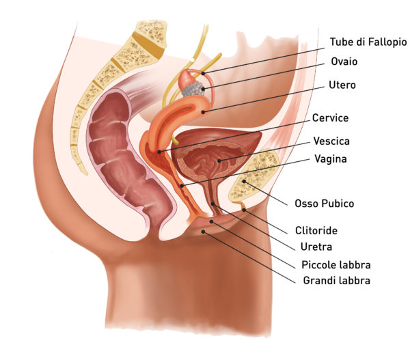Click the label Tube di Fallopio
coord(368,42)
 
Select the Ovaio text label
coord(344,61)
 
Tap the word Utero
coord(342,85)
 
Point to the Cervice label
coord(330,118)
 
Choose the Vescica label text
coord(331,141)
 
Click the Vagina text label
coord(331,158)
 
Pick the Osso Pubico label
coord(324,204)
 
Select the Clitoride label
coord(316,231)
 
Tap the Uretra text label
coord(316,247)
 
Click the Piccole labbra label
coord(336,265)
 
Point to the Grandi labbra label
coord(336,281)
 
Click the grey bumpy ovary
coord(193,89)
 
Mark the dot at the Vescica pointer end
coord(219,161)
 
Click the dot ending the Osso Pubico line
coord(244,181)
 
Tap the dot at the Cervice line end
coord(159,152)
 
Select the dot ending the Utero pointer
coord(203,113)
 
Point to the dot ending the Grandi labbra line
coord(203,232)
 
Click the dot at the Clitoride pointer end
coord(244,210)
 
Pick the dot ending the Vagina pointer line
coord(182,186)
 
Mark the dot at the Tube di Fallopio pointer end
coord(204,74)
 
